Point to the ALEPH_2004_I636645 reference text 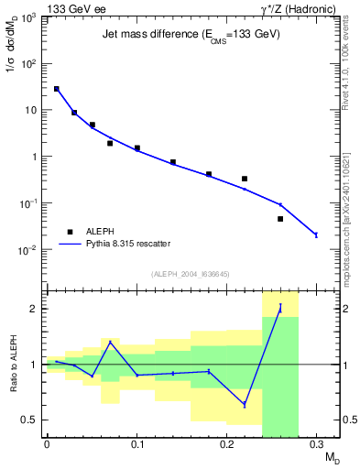[x=191, y=274]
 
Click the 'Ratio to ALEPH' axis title [x=14, y=364]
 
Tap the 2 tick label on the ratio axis [x=35, y=309]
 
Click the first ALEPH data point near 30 [x=57, y=89]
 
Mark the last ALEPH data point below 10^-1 [x=280, y=219]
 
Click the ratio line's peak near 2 [x=280, y=308]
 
